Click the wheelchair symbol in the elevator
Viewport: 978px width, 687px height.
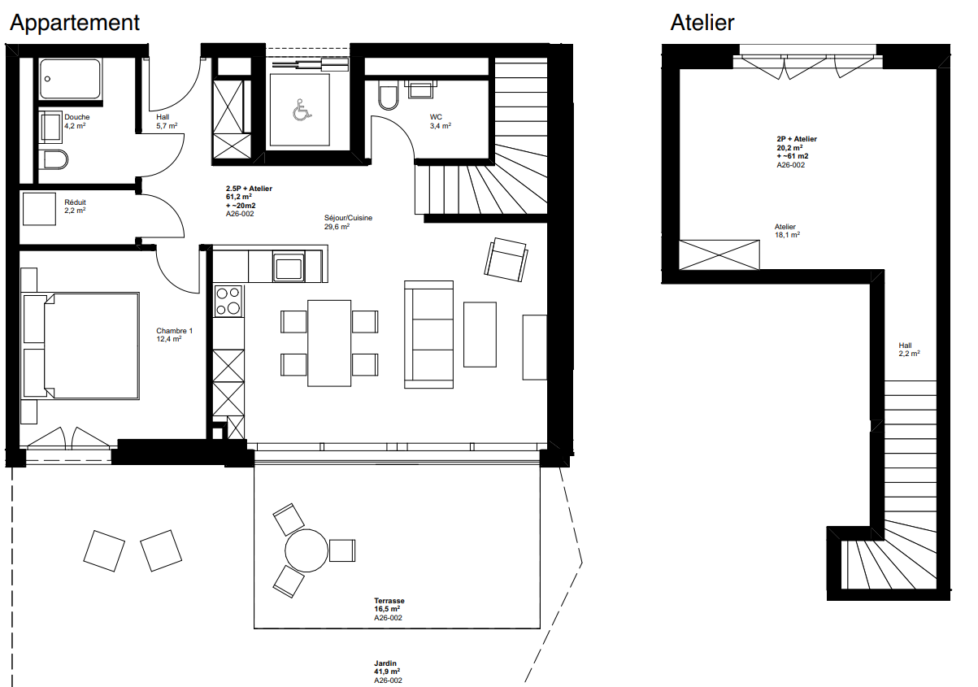(x=302, y=110)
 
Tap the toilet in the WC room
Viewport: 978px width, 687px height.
(x=388, y=95)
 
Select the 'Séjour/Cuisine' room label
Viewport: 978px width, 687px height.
(x=348, y=218)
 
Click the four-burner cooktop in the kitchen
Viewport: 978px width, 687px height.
(x=228, y=301)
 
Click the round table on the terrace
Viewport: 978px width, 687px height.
(x=306, y=550)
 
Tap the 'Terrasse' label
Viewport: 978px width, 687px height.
(x=389, y=601)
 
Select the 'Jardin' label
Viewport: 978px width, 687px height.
(x=385, y=663)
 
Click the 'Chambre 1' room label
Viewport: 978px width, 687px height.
(x=174, y=331)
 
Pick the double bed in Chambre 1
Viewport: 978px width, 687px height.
(x=81, y=346)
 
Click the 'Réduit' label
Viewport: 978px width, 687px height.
(x=75, y=202)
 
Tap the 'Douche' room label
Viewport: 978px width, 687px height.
(x=77, y=117)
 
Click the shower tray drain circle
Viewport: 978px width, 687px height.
(x=47, y=79)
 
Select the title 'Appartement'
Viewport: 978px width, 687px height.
(x=75, y=23)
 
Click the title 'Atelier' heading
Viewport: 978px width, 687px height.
(x=702, y=23)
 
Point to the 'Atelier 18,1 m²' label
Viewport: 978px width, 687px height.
(x=787, y=231)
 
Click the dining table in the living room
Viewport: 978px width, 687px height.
(x=329, y=343)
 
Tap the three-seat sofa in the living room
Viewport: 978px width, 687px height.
(x=428, y=334)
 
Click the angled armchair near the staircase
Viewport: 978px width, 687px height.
(x=506, y=259)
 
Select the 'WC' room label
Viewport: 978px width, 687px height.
(x=436, y=117)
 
